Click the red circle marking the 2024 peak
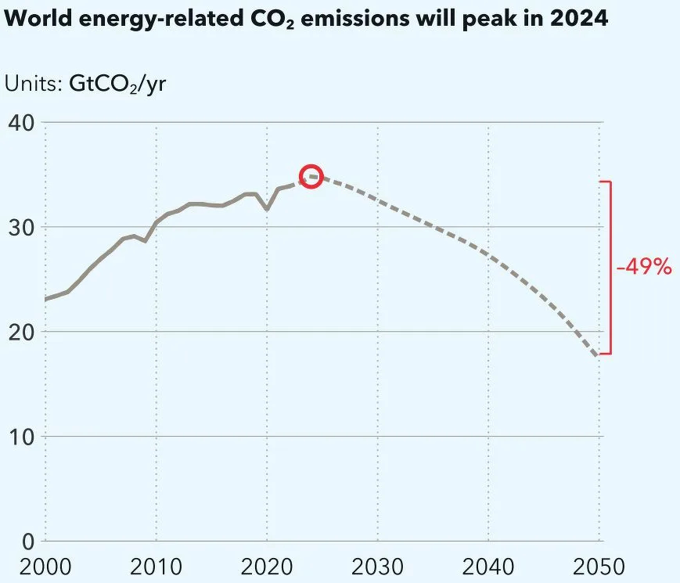311,177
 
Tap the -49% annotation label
643,267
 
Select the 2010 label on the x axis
156,566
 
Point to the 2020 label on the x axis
267,566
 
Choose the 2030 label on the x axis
378,566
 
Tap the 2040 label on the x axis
489,566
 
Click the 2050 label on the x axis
599,566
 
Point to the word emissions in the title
365,20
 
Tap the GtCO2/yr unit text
117,84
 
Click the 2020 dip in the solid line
267,209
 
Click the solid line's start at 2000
45,299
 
